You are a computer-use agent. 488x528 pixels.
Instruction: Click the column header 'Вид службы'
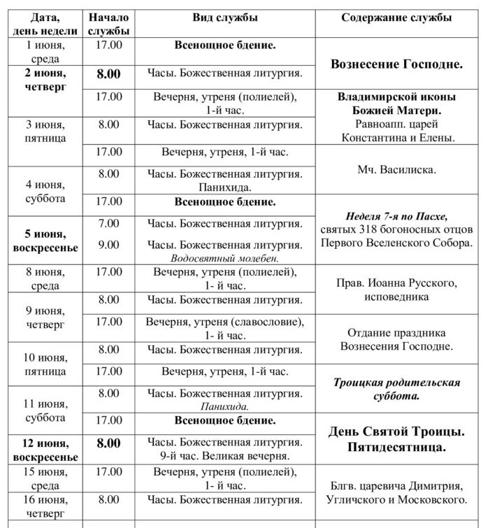pyautogui.click(x=224, y=17)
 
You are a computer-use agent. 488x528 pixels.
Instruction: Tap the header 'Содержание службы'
pyautogui.click(x=396, y=17)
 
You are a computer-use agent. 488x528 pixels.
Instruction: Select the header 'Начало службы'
pyautogui.click(x=108, y=24)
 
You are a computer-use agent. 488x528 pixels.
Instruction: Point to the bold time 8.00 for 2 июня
pyautogui.click(x=108, y=73)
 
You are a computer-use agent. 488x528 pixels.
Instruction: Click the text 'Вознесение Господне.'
pyautogui.click(x=396, y=64)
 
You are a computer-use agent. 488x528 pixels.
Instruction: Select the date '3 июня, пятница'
pyautogui.click(x=45, y=131)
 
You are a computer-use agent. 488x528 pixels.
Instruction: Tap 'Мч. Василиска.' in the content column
pyautogui.click(x=396, y=169)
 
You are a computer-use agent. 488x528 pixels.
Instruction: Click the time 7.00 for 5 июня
pyautogui.click(x=108, y=223)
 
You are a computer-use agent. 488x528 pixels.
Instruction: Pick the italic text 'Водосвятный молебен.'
pyautogui.click(x=224, y=258)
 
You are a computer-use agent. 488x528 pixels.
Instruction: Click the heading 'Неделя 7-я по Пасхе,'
pyautogui.click(x=396, y=216)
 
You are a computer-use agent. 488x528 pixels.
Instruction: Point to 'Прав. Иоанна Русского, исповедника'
pyautogui.click(x=396, y=290)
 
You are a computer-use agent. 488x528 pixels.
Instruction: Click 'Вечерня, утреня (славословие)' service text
pyautogui.click(x=224, y=322)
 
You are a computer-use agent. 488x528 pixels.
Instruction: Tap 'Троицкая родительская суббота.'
pyautogui.click(x=396, y=389)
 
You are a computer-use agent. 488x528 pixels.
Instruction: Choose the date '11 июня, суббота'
pyautogui.click(x=45, y=411)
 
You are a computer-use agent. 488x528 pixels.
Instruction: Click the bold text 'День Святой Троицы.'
pyautogui.click(x=396, y=431)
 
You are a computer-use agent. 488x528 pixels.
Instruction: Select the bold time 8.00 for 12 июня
pyautogui.click(x=108, y=443)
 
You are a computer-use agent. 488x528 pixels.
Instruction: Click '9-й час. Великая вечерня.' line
pyautogui.click(x=224, y=456)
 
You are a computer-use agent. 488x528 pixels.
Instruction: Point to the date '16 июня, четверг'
pyautogui.click(x=45, y=506)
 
